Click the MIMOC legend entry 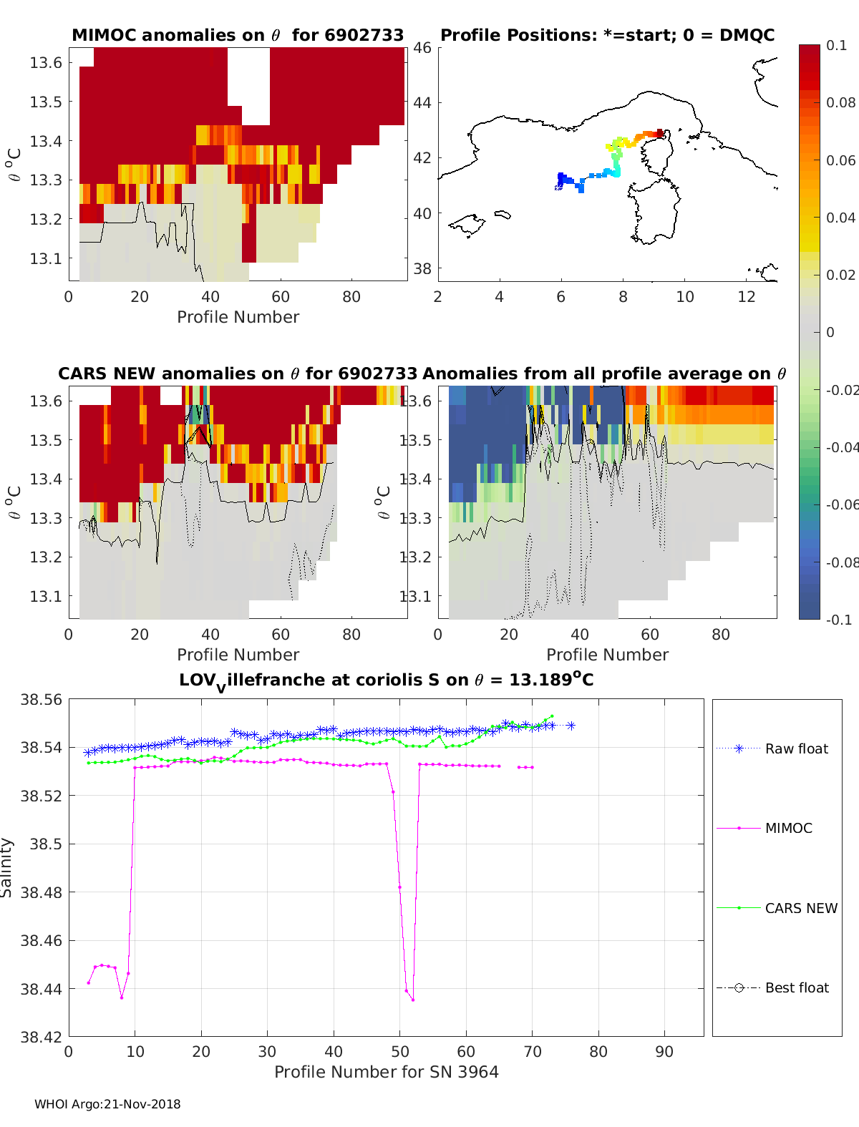[x=788, y=828]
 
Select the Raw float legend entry [x=796, y=748]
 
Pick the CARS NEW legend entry [x=800, y=908]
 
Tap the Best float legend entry [x=796, y=987]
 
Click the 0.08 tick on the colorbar [x=840, y=102]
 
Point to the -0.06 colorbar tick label [x=840, y=504]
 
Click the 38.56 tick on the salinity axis [x=41, y=700]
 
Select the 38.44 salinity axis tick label [x=41, y=989]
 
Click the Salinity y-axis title [x=7, y=867]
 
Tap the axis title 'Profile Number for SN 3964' [x=386, y=1071]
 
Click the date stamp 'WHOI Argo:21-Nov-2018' [x=107, y=1104]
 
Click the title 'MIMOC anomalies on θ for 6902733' [x=238, y=35]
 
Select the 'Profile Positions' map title [x=607, y=35]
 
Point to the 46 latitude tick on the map [x=422, y=48]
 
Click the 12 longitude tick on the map [x=747, y=296]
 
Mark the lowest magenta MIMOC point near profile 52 [x=413, y=1000]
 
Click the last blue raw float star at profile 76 [x=571, y=726]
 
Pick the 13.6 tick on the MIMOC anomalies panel [x=46, y=62]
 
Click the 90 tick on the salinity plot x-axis [x=664, y=1051]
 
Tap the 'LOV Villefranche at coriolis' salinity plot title [x=386, y=680]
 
